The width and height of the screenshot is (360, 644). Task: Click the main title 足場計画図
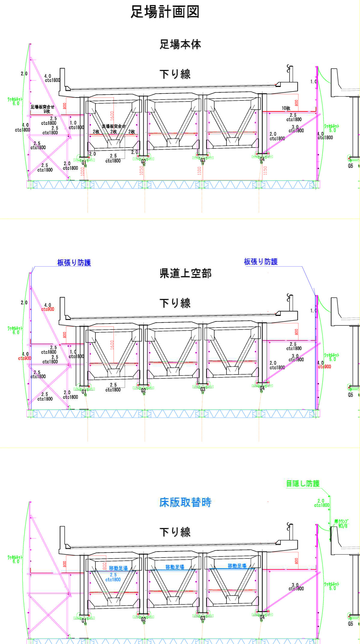[x=165, y=12]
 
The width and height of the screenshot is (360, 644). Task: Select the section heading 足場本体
[x=180, y=44]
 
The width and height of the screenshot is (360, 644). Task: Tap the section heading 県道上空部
[x=185, y=273]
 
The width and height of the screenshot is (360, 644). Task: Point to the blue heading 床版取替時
[x=185, y=502]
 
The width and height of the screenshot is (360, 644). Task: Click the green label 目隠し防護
[x=303, y=483]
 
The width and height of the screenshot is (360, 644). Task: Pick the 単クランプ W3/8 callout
[x=342, y=523]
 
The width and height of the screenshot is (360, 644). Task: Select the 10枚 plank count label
[x=286, y=108]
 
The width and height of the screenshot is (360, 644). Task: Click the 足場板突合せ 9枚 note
[x=43, y=109]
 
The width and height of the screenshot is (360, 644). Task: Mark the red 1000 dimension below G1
[x=82, y=171]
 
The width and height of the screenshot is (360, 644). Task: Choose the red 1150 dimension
[x=265, y=171]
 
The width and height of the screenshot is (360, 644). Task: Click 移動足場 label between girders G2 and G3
[x=175, y=567]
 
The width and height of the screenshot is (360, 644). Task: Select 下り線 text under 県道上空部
[x=175, y=303]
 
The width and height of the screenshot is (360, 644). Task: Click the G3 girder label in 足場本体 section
[x=203, y=160]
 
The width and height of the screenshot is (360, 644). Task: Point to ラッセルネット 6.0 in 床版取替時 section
[x=15, y=559]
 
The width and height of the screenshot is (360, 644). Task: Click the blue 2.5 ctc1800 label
[x=113, y=577]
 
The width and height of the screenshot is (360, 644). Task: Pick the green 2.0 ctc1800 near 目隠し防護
[x=321, y=503]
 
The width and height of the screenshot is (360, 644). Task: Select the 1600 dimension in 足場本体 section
[x=112, y=116]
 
